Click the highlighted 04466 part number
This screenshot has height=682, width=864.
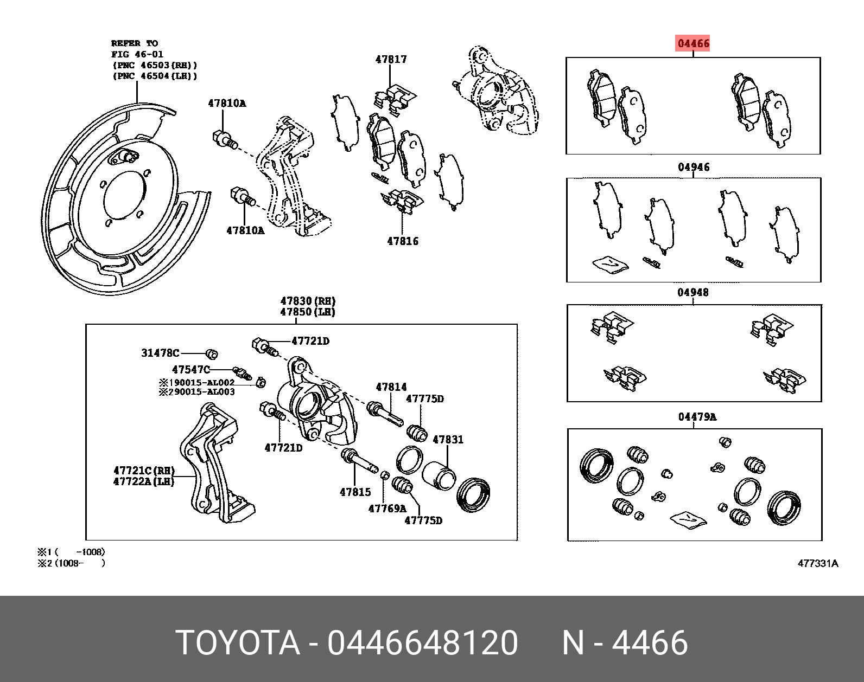pyautogui.click(x=693, y=43)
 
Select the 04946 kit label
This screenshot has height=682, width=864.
pyautogui.click(x=693, y=168)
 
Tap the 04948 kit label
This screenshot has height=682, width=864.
pyautogui.click(x=693, y=293)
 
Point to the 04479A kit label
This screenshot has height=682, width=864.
pyautogui.click(x=697, y=417)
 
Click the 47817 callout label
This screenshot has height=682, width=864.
pyautogui.click(x=391, y=60)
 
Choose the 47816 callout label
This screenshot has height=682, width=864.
pyautogui.click(x=403, y=241)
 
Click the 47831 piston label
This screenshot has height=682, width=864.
pyautogui.click(x=448, y=440)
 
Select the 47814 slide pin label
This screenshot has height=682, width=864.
pyautogui.click(x=391, y=387)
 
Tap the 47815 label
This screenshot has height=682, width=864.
pyautogui.click(x=355, y=492)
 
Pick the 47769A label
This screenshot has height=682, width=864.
pyautogui.click(x=387, y=509)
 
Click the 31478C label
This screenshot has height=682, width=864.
pyautogui.click(x=160, y=353)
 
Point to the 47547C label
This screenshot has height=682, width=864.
pyautogui.click(x=190, y=370)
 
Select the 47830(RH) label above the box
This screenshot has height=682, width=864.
pyautogui.click(x=308, y=301)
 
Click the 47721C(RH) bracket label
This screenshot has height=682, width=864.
pyautogui.click(x=143, y=470)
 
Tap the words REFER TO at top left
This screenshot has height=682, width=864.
pyautogui.click(x=134, y=43)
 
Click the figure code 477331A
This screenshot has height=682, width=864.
pyautogui.click(x=818, y=563)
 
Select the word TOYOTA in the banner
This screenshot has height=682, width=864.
pyautogui.click(x=238, y=644)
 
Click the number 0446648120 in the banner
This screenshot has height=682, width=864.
pyautogui.click(x=422, y=644)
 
